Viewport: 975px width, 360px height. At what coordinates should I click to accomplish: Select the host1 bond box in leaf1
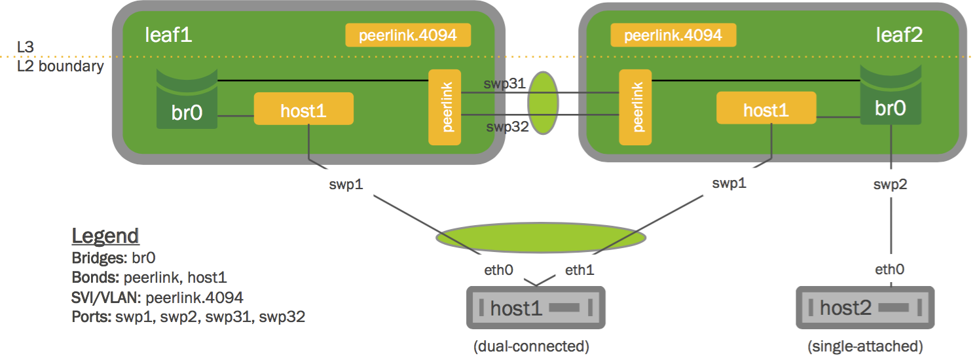pyautogui.click(x=303, y=109)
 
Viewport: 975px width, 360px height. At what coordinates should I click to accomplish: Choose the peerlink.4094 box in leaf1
pyautogui.click(x=408, y=35)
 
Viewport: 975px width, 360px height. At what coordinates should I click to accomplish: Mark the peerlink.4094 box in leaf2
pyautogui.click(x=673, y=35)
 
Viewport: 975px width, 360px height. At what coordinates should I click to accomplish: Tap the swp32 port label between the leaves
pyautogui.click(x=507, y=126)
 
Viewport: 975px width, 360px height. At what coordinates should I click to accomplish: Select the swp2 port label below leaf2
pyautogui.click(x=891, y=185)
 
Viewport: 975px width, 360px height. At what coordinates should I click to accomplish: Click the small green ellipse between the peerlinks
pyautogui.click(x=543, y=103)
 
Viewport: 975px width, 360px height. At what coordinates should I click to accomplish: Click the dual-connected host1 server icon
pyautogui.click(x=534, y=307)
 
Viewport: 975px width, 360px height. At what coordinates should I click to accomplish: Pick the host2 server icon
pyautogui.click(x=863, y=307)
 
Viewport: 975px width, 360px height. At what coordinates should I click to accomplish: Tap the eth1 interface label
pyautogui.click(x=579, y=268)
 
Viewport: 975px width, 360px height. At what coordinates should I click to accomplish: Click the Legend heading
pyautogui.click(x=105, y=236)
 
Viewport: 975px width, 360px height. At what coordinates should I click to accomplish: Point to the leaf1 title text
pyautogui.click(x=168, y=35)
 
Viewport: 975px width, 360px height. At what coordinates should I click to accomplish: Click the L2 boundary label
pyautogui.click(x=60, y=66)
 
